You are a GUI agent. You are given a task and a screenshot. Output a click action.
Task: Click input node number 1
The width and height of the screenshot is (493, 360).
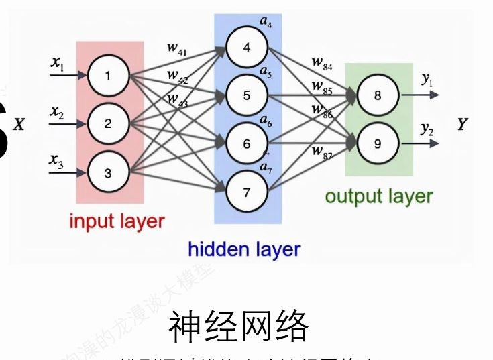(x=109, y=75)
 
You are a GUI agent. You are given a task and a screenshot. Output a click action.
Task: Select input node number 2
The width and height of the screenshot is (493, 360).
(x=109, y=124)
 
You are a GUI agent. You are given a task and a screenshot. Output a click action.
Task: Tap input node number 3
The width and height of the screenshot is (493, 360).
(x=109, y=173)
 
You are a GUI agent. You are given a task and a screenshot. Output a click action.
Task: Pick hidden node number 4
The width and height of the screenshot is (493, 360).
(x=246, y=48)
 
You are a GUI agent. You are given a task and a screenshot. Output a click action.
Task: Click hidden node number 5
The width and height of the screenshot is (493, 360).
(x=246, y=96)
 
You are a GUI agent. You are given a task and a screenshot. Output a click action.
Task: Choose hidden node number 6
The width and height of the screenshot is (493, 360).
(x=246, y=144)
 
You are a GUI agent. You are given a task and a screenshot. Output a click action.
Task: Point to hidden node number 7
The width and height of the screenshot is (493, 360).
(x=246, y=193)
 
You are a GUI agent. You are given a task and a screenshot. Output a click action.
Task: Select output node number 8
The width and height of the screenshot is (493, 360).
(x=377, y=95)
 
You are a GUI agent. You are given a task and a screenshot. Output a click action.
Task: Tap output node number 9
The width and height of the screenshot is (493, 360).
(x=377, y=143)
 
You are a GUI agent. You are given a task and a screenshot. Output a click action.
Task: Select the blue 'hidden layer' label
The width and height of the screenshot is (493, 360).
(x=244, y=250)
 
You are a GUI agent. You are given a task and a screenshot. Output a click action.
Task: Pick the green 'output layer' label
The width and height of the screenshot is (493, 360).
(x=379, y=196)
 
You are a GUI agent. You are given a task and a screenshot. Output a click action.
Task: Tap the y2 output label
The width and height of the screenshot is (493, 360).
(x=427, y=129)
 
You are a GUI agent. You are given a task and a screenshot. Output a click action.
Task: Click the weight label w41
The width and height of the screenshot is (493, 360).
(x=177, y=49)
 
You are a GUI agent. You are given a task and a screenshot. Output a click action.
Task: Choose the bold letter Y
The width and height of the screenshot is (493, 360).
(x=462, y=125)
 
